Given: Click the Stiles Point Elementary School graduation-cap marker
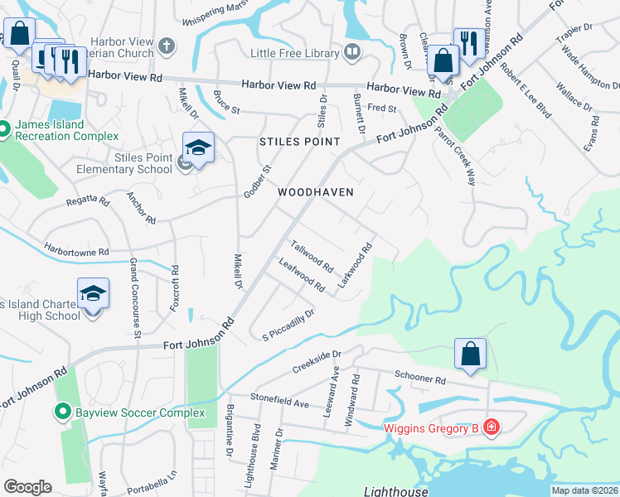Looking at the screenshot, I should tap(198, 148).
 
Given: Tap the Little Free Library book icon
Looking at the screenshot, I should tap(353, 53).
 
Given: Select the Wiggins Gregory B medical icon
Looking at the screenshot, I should tap(491, 427).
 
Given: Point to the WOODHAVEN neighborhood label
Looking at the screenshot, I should tap(316, 192).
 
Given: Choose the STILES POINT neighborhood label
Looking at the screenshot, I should tap(300, 142).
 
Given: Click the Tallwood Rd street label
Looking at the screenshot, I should tap(312, 257).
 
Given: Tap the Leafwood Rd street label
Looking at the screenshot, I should tap(302, 275).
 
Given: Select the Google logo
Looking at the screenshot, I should tap(27, 487).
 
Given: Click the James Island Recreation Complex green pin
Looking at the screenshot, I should tap(4, 129).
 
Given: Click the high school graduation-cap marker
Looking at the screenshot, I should tap(93, 293).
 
